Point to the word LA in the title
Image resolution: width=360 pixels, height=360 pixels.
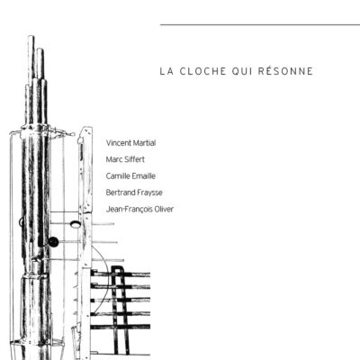point(166,70)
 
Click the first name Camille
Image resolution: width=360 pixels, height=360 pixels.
point(119,175)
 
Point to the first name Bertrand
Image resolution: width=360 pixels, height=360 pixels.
point(121,192)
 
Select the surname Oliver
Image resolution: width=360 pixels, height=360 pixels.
point(163,208)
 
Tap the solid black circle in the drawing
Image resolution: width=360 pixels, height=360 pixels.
point(53,241)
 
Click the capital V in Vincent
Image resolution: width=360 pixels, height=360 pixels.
point(108,143)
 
